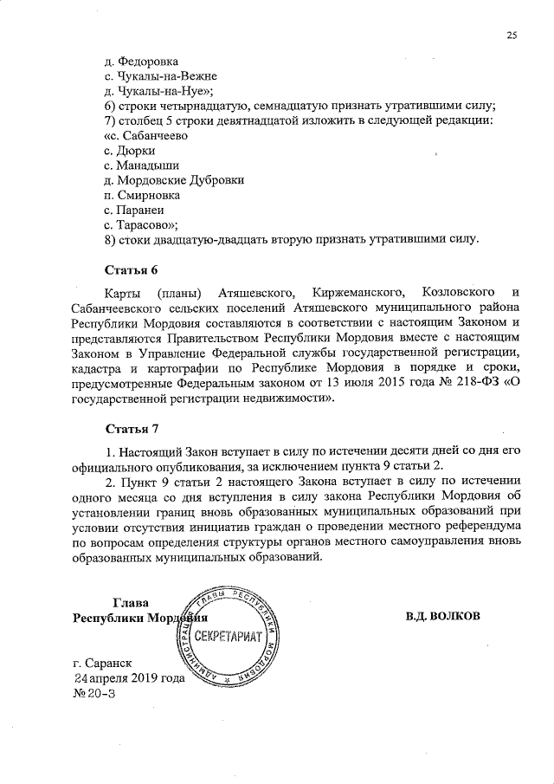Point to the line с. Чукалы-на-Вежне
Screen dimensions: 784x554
tap(153, 77)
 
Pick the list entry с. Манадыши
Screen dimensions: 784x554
tap(141, 165)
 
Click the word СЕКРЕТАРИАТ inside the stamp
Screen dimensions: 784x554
tap(229, 637)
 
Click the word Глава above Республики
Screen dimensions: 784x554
tap(131, 603)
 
